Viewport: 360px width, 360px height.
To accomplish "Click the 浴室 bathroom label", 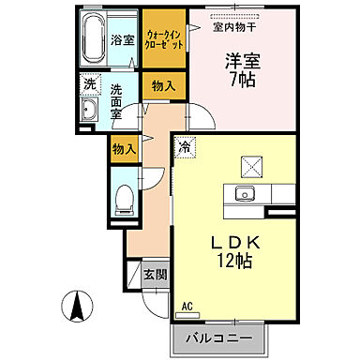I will point(123,41).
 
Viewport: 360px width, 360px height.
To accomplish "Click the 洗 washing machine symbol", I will point(88,84).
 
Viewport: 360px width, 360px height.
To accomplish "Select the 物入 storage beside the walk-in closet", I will point(163,85).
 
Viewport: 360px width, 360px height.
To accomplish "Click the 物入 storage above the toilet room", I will point(124,148).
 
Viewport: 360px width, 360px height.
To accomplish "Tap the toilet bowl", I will point(121,198).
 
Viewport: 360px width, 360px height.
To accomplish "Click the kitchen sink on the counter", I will point(247,195).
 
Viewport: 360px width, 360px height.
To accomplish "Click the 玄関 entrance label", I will point(155,276).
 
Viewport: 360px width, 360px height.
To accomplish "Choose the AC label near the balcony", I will point(187,306).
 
